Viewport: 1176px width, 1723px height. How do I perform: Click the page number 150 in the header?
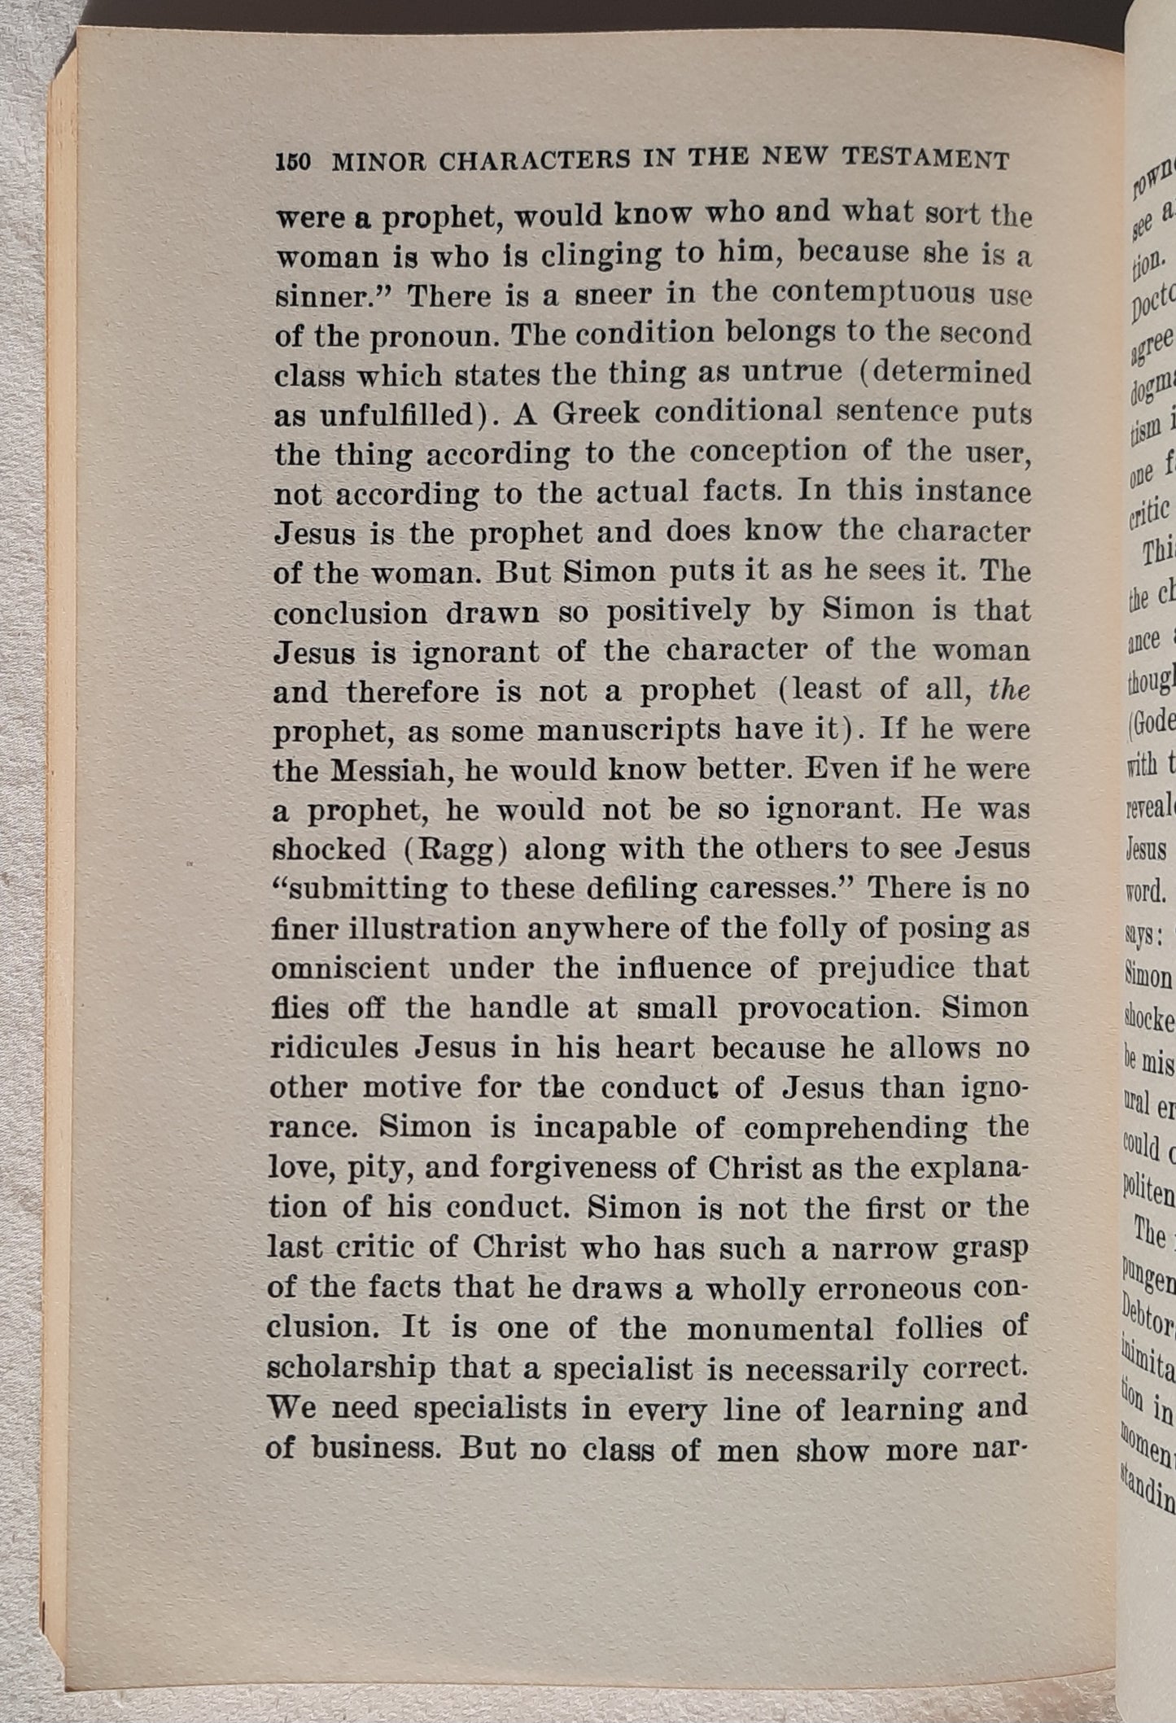coord(293,162)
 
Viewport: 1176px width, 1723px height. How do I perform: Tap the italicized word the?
coord(1009,690)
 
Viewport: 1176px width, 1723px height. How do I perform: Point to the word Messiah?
coord(392,770)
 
